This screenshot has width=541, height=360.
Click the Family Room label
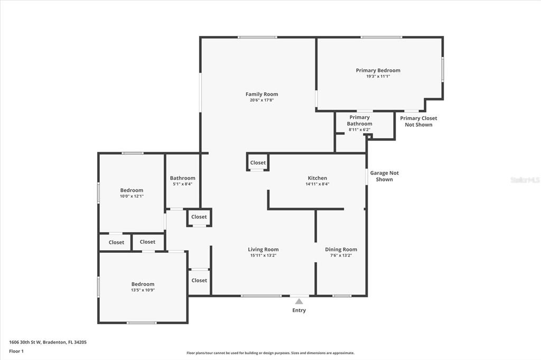click(262, 94)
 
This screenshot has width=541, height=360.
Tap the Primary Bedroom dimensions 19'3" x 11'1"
click(378, 76)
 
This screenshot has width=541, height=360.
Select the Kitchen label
click(317, 178)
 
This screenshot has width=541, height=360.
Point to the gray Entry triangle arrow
click(299, 301)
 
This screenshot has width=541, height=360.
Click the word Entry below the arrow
click(299, 310)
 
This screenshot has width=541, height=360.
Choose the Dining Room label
click(341, 249)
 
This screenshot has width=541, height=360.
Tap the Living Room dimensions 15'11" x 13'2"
click(263, 255)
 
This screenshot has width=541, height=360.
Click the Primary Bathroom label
click(359, 120)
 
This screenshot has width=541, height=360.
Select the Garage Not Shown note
click(385, 176)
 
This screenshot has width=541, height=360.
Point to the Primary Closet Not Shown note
click(418, 121)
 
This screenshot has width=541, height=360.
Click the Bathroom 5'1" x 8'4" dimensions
click(182, 184)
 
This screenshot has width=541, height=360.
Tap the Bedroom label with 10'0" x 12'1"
click(132, 190)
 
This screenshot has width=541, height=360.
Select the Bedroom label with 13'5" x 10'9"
click(143, 284)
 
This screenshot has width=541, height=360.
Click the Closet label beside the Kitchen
click(258, 163)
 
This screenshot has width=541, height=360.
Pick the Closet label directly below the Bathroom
click(199, 217)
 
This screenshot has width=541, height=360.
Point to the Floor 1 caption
click(16, 352)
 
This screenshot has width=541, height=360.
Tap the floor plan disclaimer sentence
click(270, 353)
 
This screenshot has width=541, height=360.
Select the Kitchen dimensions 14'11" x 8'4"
click(318, 184)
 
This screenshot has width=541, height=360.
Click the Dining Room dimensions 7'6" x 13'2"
click(341, 255)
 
